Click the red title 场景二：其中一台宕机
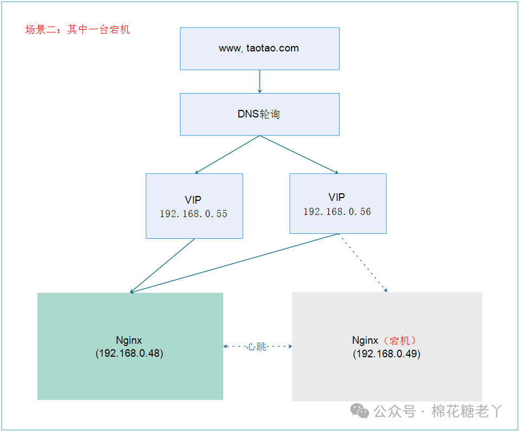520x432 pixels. (77, 30)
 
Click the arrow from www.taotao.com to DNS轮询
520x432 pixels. (259, 81)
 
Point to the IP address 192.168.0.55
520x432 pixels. (193, 214)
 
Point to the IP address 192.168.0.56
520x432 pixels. (337, 212)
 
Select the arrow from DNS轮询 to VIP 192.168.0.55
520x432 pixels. (227, 154)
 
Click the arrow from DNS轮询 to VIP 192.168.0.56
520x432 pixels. (299, 154)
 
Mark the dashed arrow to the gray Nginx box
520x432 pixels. (363, 263)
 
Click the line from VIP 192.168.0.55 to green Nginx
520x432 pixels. (162, 265)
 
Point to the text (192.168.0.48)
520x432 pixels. (129, 354)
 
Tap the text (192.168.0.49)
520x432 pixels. (387, 354)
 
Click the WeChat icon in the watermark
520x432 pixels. (360, 411)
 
